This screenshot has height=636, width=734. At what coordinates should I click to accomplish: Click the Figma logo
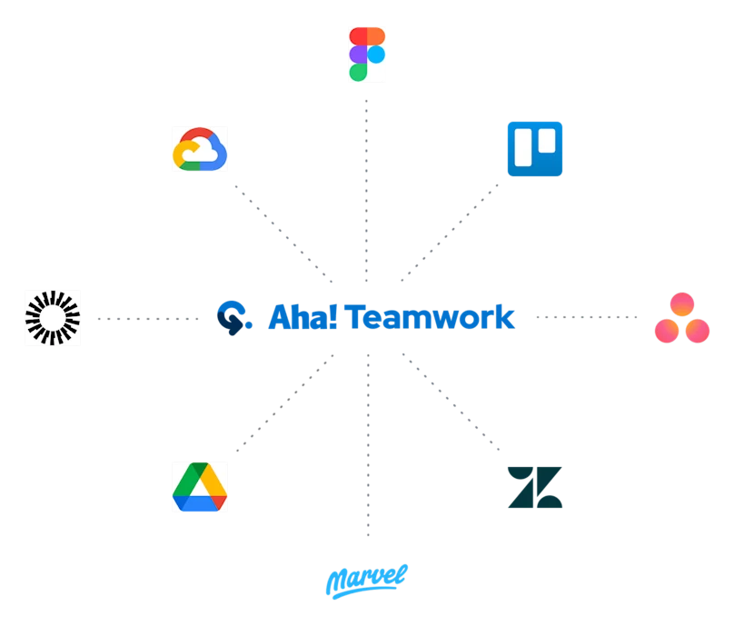(x=367, y=55)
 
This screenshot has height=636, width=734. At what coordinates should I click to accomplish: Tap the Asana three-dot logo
(x=682, y=319)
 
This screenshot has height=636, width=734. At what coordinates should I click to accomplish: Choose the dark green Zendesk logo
(x=535, y=486)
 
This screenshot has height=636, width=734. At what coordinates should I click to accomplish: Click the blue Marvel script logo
(x=366, y=580)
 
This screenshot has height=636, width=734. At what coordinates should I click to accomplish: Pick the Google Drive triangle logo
(x=200, y=487)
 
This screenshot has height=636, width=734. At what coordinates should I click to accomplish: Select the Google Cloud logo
(x=200, y=149)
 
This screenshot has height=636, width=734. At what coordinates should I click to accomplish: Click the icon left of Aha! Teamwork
(x=233, y=317)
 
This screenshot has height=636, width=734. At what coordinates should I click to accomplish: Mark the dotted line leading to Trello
(x=451, y=231)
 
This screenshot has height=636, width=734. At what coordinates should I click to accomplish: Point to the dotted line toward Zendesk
(x=451, y=402)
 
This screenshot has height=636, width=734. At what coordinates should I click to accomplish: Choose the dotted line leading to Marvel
(x=366, y=445)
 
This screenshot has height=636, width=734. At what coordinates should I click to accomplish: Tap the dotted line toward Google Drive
(x=283, y=403)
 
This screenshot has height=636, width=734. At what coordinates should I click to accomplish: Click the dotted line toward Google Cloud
(x=283, y=230)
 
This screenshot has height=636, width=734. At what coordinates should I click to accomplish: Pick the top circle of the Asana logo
(x=682, y=304)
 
